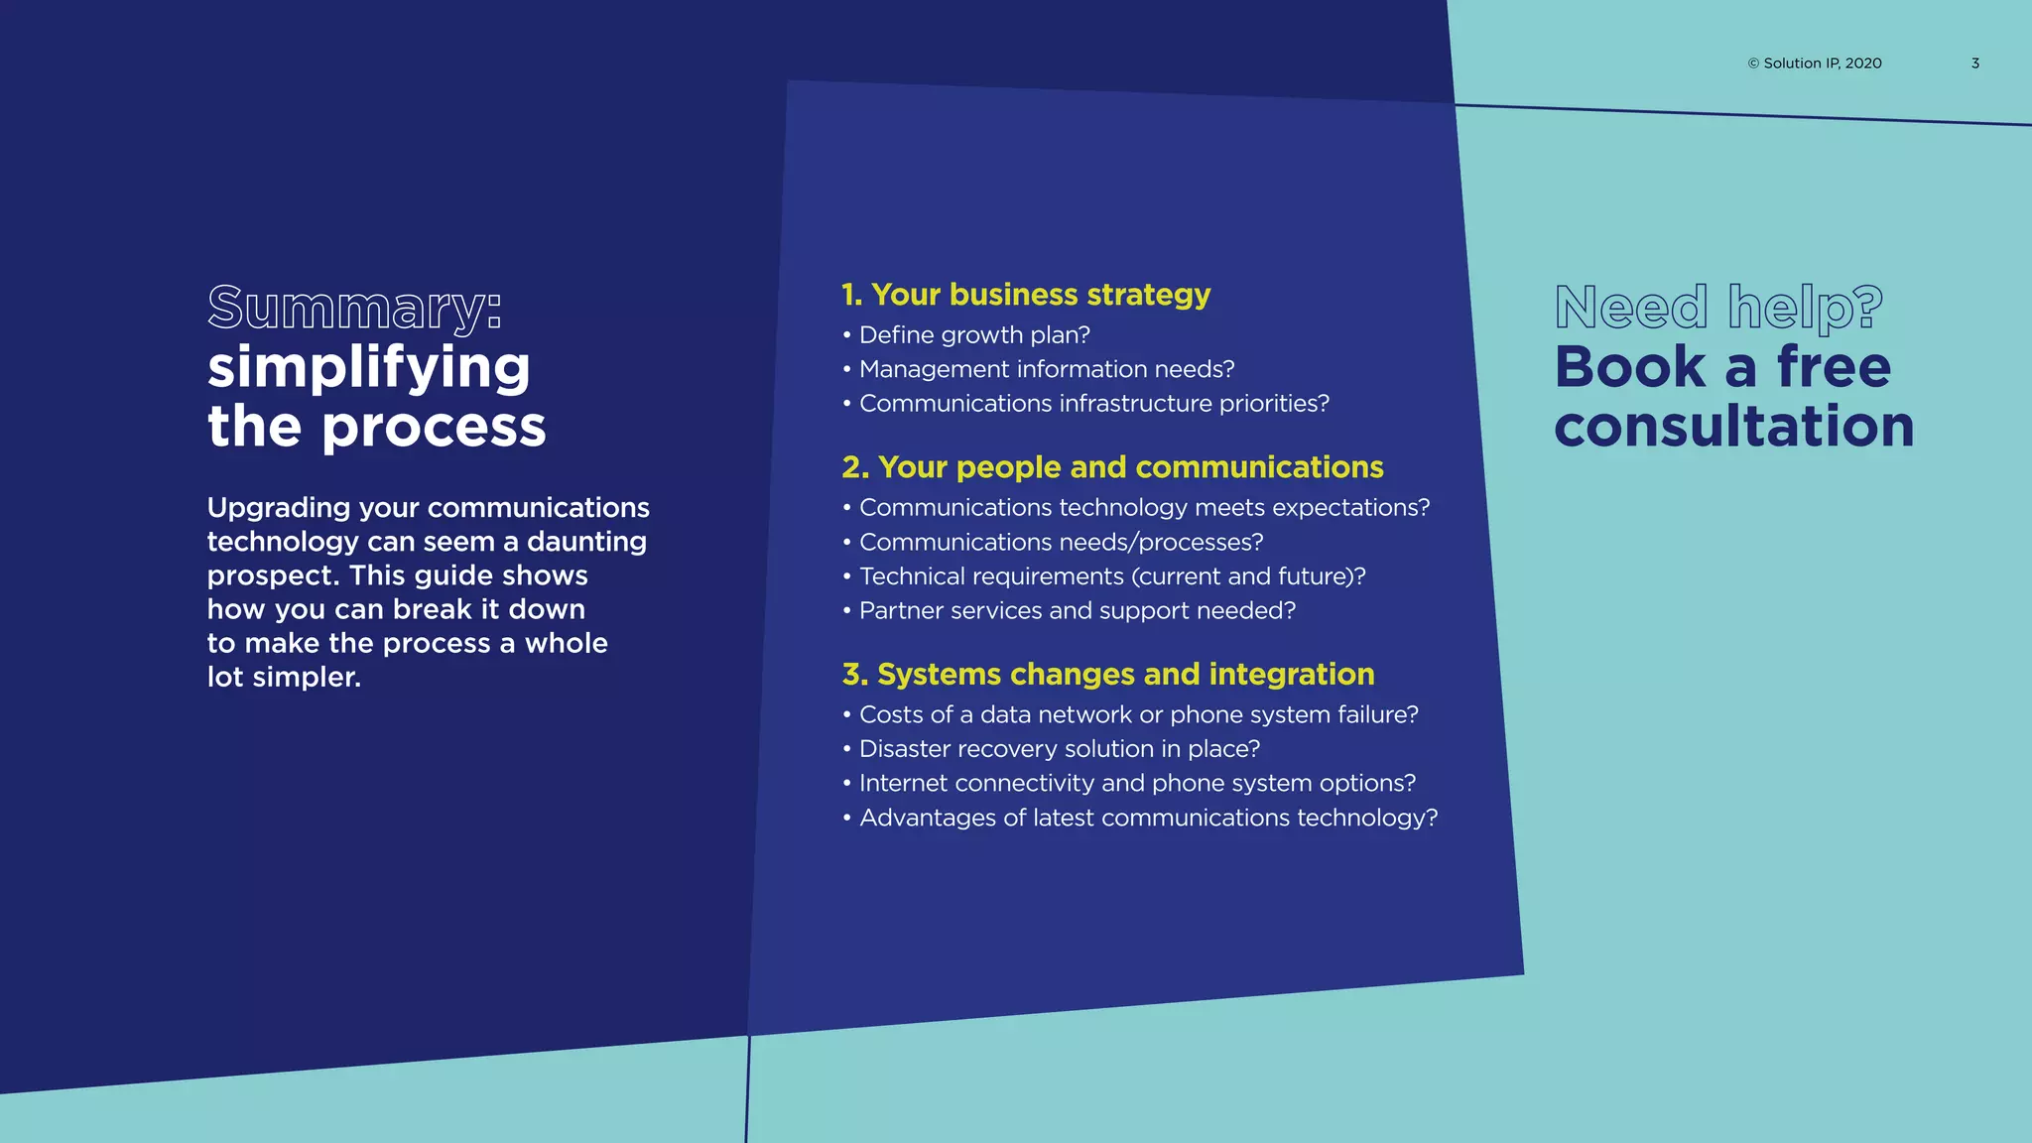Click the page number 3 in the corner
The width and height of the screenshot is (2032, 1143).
1974,63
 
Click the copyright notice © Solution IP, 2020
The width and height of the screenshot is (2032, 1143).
1814,63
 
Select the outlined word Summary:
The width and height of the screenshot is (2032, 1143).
354,308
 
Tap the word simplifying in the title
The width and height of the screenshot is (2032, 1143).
368,367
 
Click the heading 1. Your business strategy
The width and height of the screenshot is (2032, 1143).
1026,295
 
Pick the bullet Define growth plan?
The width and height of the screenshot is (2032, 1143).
973,335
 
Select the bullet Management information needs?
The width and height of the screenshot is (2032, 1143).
1046,369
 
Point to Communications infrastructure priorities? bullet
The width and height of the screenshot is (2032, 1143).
1093,404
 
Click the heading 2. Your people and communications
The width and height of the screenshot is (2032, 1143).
1112,467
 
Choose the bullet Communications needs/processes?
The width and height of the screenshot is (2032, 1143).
1061,542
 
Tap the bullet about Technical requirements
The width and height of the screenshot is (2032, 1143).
1111,576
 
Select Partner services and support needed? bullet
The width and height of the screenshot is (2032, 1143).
1077,611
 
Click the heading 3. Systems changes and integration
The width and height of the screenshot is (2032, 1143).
1108,675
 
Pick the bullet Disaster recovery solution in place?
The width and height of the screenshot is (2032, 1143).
1059,749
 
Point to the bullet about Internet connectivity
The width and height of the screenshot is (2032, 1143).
1137,784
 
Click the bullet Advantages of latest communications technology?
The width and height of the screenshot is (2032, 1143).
1148,818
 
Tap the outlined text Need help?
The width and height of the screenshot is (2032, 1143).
1718,308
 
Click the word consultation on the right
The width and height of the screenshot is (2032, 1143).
1733,427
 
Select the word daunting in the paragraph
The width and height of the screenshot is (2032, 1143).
586,542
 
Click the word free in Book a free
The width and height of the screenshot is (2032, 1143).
1834,367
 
